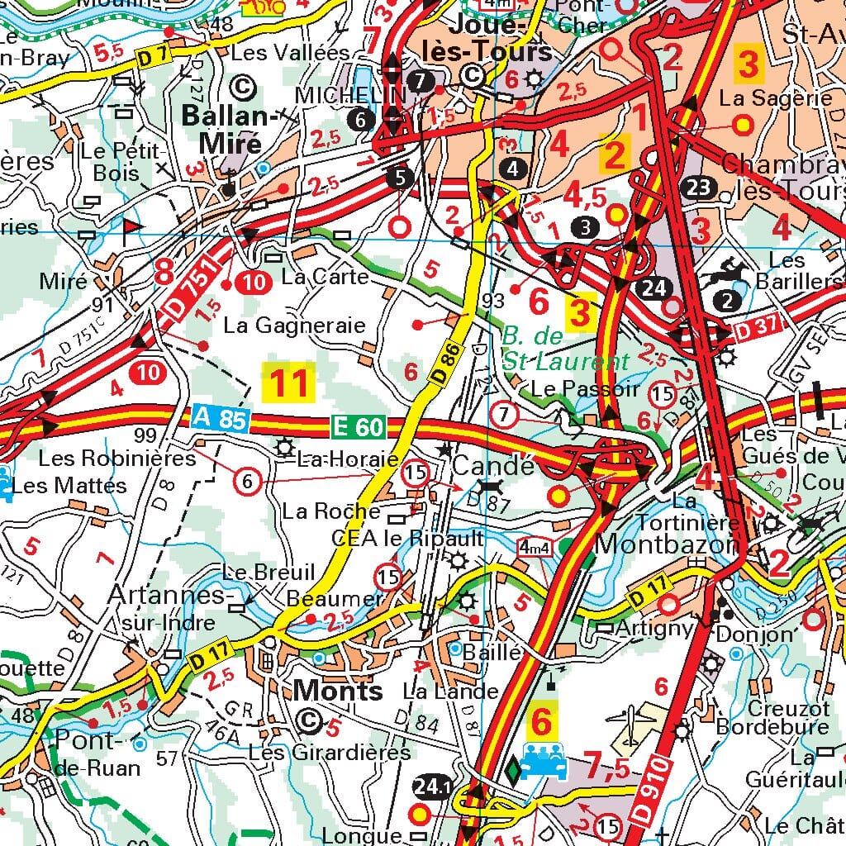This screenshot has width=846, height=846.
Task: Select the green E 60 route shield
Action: pos(358,426)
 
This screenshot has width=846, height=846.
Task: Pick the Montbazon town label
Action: pos(666,545)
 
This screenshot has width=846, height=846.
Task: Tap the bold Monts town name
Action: pos(338,690)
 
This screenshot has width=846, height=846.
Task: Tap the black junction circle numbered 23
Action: pos(699,188)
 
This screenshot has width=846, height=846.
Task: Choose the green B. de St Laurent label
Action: pos(565,349)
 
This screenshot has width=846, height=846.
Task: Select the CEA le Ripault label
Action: pos(406,538)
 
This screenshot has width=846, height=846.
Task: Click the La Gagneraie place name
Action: pos(294,326)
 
